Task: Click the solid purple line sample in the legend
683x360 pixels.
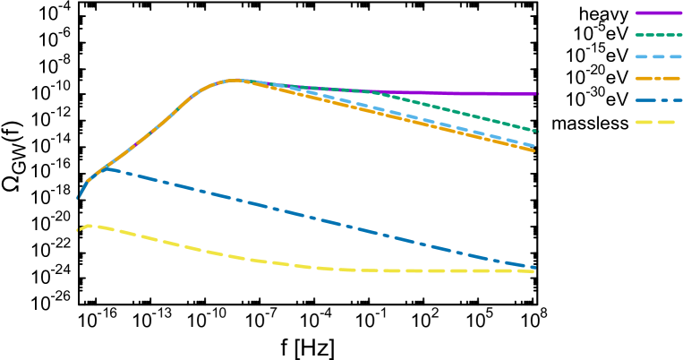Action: [658, 13]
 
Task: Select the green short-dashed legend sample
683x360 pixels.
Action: [658, 35]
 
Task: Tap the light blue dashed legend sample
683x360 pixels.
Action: [658, 56]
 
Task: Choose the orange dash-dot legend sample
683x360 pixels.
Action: [658, 78]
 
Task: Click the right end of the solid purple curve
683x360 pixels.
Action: [537, 94]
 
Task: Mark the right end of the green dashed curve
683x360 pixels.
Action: [537, 131]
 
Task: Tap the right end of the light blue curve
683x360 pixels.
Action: [534, 145]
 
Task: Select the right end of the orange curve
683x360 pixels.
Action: [534, 150]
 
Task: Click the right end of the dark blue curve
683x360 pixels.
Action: [534, 267]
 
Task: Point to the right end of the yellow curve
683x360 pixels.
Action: [534, 270]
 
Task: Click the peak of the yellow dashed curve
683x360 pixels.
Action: [91, 226]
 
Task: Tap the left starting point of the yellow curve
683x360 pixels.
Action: [78, 230]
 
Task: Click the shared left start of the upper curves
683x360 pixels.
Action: [78, 198]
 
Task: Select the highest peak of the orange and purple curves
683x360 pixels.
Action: [235, 80]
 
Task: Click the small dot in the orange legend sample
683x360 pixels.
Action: [657, 78]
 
